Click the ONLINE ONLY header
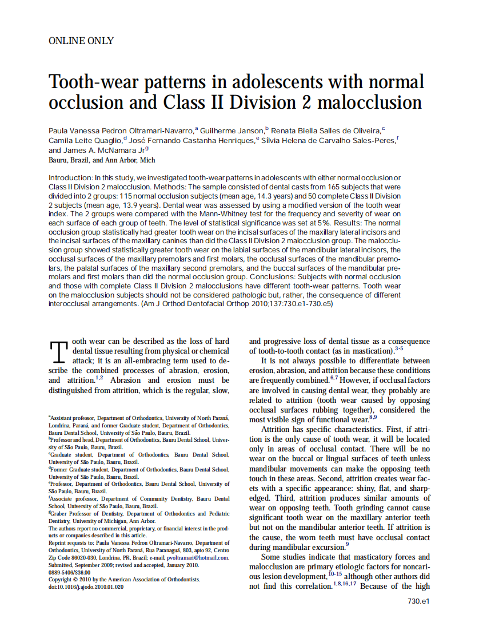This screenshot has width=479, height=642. (x=81, y=41)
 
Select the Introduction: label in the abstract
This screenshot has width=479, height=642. (x=70, y=178)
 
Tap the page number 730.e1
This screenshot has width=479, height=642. (x=418, y=601)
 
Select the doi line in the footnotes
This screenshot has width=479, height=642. (x=86, y=586)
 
